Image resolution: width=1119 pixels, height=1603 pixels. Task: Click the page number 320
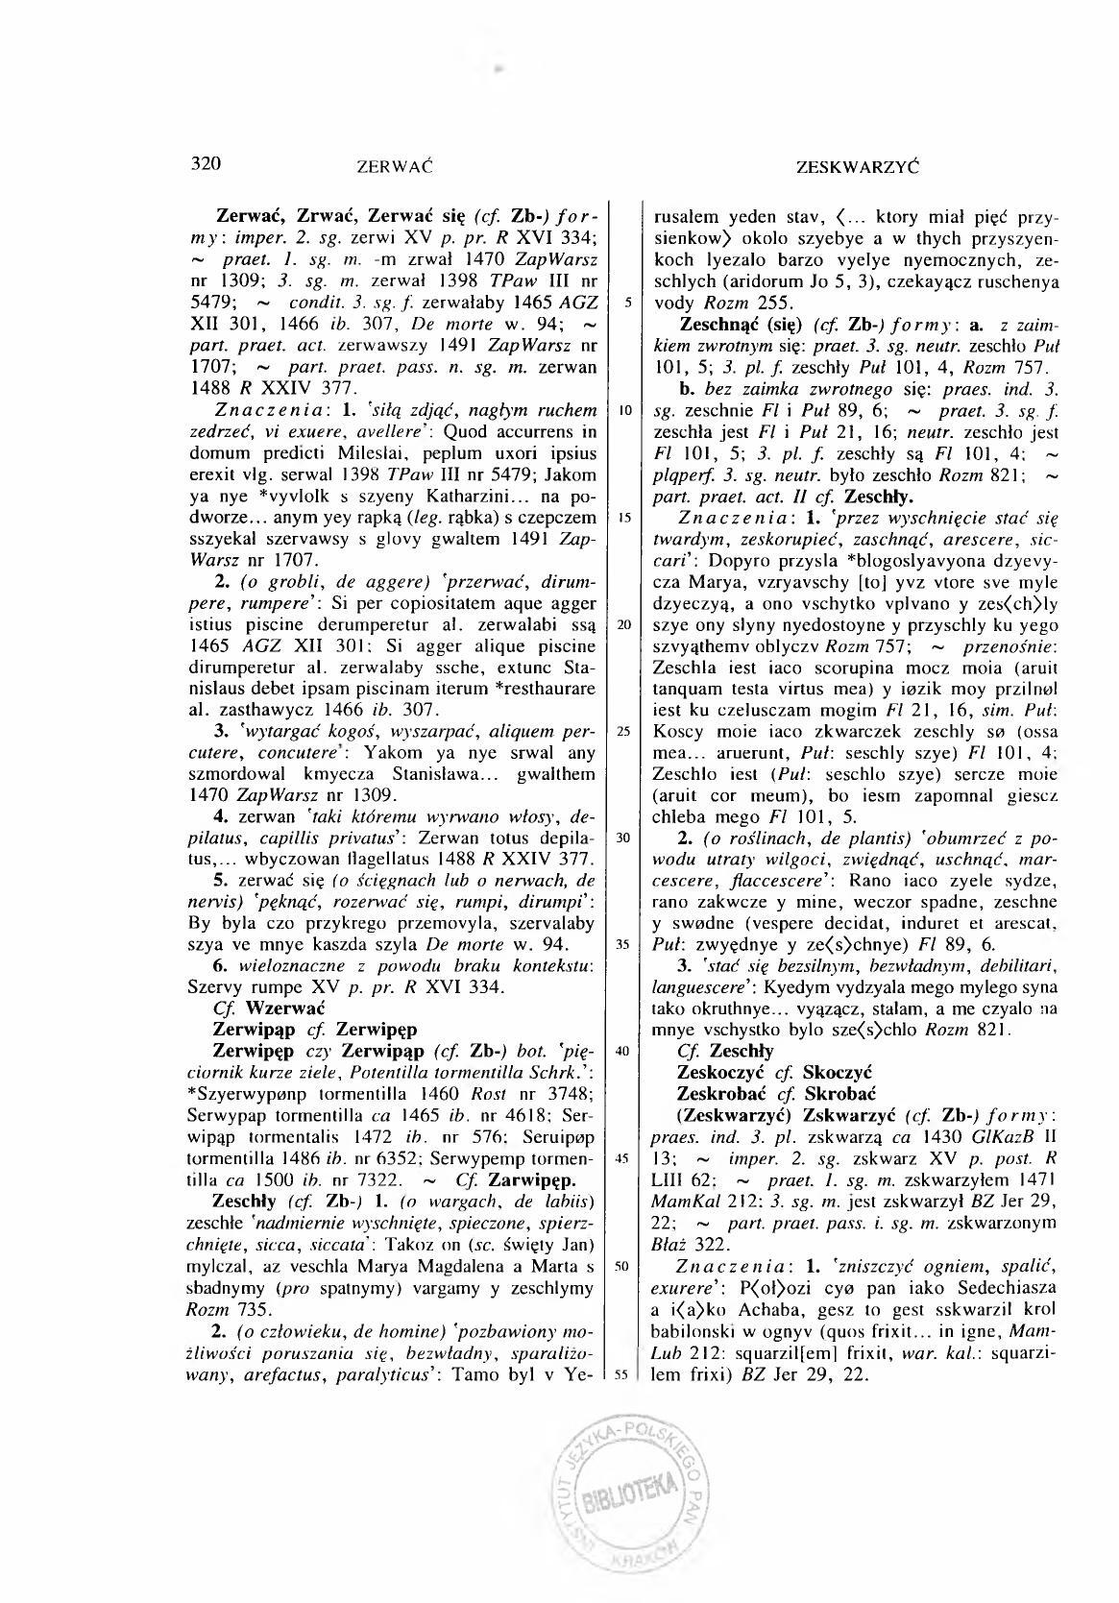tap(207, 162)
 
